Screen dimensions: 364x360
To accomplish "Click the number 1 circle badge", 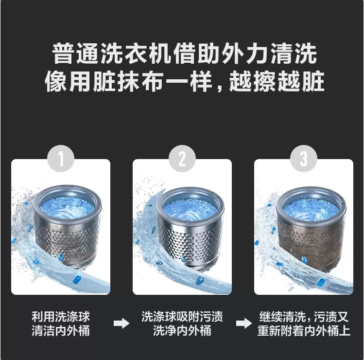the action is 61,159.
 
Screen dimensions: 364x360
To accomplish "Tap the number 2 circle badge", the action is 182,159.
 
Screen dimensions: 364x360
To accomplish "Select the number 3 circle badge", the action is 304,159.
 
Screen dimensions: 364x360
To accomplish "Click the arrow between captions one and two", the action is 121,324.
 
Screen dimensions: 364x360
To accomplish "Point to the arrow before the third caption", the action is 244,324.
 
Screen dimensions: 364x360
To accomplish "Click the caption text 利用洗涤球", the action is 61,317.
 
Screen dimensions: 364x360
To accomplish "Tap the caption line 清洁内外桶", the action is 61,331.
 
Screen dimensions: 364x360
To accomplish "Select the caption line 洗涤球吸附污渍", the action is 182,317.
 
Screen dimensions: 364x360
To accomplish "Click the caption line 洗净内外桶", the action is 182,331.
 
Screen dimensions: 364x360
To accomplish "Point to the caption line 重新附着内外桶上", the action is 304,331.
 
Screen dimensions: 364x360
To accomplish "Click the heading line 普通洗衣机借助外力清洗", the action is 185,54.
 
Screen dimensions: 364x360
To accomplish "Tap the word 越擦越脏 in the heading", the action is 277,81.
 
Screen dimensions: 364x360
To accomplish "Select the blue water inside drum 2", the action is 190,209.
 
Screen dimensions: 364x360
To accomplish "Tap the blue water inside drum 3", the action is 311,209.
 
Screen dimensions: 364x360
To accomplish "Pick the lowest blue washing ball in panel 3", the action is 321,282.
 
